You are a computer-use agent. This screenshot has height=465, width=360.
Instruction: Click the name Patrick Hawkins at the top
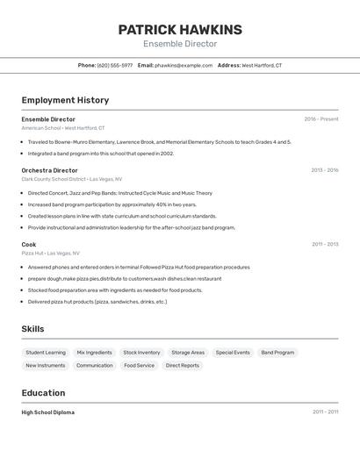tap(180, 30)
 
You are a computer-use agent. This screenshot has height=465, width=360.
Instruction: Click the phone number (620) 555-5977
tap(115, 65)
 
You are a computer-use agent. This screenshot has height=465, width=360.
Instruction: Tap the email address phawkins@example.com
tap(184, 65)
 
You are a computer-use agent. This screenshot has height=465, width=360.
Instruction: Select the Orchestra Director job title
tap(50, 170)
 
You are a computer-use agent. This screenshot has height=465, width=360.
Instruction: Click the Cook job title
tap(29, 244)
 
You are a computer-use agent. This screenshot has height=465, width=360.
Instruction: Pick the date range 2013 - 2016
tap(325, 170)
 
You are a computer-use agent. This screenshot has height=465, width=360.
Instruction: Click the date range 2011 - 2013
tap(325, 244)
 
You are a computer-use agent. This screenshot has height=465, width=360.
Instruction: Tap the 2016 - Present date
tap(321, 119)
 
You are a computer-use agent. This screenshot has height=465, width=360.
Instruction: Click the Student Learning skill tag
tap(45, 353)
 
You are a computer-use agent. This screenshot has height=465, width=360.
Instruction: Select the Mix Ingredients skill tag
tap(94, 353)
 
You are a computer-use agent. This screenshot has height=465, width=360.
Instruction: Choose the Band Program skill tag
tap(277, 353)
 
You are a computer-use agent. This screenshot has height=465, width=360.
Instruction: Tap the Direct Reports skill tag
tap(183, 365)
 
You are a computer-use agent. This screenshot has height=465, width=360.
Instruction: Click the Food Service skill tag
tap(139, 365)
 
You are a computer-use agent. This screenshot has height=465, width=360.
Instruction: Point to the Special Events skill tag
tap(233, 353)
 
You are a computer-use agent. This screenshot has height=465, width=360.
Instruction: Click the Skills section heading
tap(33, 329)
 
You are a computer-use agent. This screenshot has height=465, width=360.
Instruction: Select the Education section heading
tap(43, 393)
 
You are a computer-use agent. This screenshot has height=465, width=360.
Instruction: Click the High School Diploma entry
tap(48, 412)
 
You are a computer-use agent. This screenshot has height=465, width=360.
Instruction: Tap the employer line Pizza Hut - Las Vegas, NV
tap(50, 253)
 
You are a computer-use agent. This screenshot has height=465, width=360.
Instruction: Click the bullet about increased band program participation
tap(112, 204)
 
